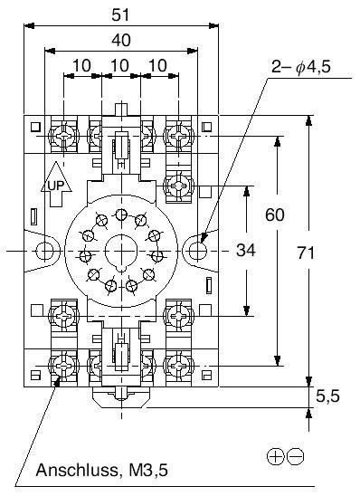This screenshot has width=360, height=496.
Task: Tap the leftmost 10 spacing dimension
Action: tap(82, 66)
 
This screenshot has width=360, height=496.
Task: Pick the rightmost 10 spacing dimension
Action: tap(158, 66)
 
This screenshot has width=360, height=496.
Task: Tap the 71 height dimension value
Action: tap(307, 253)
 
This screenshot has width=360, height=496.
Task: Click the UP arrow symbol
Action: tap(54, 184)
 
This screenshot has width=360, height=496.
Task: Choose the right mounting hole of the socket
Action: tap(198, 249)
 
